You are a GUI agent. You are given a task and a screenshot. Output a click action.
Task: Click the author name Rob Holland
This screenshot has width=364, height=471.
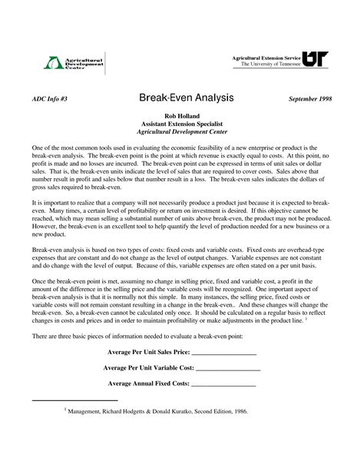click(x=182, y=115)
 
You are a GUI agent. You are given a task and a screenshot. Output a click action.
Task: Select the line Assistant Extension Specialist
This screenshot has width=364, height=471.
click(x=182, y=123)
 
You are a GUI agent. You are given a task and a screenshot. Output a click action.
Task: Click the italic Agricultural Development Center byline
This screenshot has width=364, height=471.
click(x=182, y=131)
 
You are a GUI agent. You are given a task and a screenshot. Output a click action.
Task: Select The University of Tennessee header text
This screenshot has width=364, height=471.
click(x=269, y=65)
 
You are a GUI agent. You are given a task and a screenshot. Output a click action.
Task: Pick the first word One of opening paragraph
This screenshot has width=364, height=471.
click(x=37, y=146)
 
